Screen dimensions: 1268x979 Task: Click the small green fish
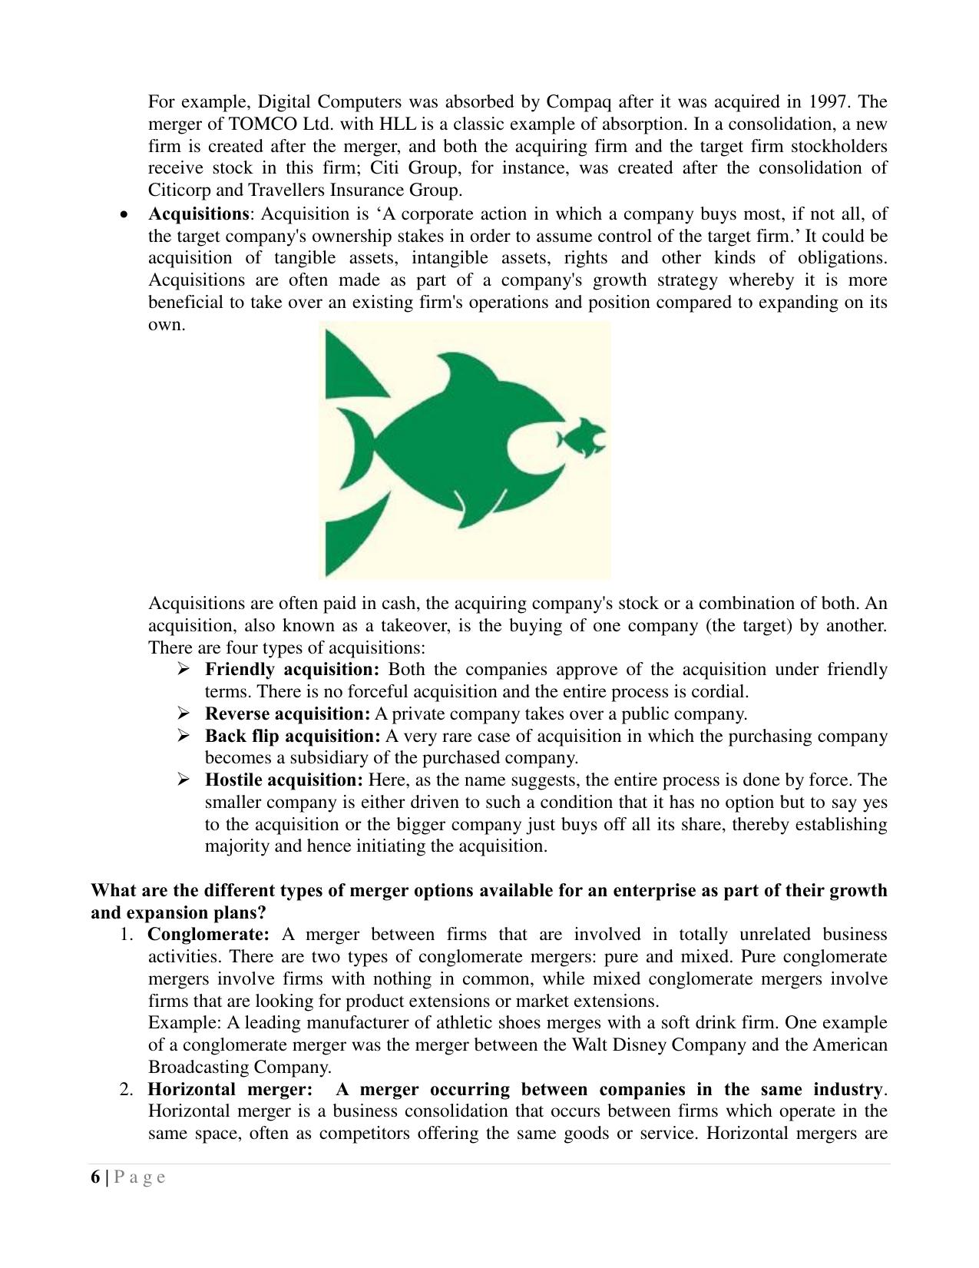click(581, 439)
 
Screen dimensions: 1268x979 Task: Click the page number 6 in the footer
click(95, 1177)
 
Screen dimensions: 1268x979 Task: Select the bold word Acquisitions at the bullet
click(198, 214)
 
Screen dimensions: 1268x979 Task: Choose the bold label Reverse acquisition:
click(287, 714)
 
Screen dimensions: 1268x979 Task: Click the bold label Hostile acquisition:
click(283, 780)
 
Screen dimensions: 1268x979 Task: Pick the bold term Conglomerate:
click(208, 935)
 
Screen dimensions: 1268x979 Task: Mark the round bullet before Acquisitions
click(124, 215)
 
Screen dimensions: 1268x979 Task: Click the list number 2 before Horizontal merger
click(127, 1090)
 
